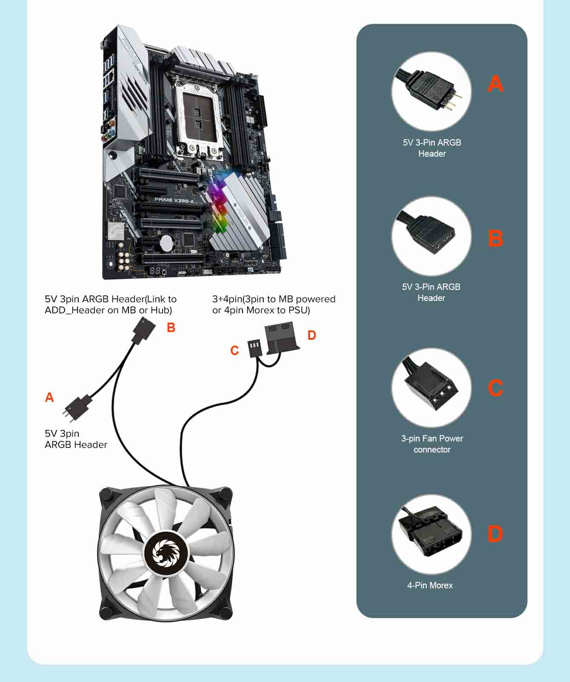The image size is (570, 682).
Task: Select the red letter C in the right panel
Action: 495,388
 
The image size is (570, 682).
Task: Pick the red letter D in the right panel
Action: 495,534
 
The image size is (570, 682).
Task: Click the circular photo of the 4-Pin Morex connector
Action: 431,534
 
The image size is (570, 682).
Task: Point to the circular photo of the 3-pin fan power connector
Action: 431,388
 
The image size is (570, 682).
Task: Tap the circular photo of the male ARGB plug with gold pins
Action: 431,92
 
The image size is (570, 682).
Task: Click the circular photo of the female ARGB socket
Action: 431,236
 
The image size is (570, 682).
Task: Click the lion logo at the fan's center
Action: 166,553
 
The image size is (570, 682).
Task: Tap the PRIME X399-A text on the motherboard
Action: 174,200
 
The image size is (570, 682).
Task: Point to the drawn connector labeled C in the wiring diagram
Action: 254,348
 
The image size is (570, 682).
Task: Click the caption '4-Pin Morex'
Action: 430,585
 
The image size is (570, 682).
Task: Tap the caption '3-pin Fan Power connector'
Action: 432,444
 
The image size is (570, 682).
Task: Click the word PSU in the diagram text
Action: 298,310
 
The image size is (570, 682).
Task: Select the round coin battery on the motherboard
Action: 167,243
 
